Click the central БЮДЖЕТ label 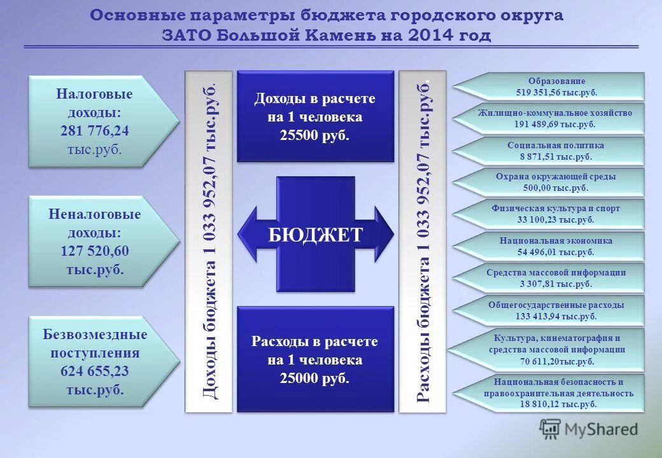[315, 235]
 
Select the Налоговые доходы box [95, 121]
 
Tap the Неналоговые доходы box [95, 242]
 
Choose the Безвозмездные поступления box [95, 362]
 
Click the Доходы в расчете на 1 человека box [315, 117]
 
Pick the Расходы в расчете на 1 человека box [315, 360]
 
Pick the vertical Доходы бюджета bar [209, 242]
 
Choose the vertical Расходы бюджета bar [423, 242]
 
